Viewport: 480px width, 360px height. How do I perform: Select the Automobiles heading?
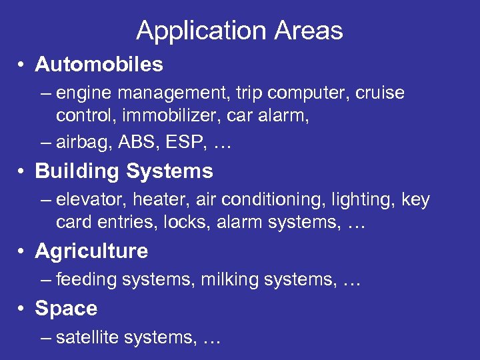pos(99,64)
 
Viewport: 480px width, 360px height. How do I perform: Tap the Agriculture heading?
pos(91,251)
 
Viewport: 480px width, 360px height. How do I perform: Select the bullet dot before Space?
pos(22,309)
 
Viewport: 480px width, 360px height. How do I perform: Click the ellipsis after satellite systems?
pos(211,339)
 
